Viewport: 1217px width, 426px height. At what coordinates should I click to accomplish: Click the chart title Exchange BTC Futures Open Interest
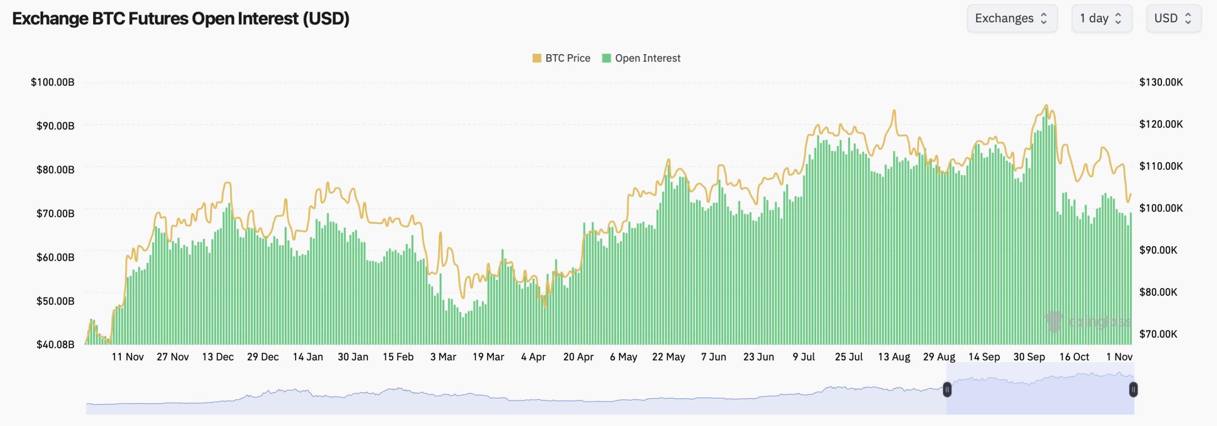pos(181,19)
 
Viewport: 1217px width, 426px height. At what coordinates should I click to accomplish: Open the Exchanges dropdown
pos(1012,19)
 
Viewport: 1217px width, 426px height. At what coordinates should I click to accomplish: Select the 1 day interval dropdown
pos(1101,19)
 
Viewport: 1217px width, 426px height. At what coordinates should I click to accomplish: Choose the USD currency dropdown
pos(1173,19)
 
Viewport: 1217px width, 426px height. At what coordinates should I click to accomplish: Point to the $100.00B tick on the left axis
pos(53,82)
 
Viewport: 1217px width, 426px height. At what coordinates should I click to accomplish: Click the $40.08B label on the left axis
pos(56,344)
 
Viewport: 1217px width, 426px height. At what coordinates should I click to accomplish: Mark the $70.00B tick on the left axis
pos(56,213)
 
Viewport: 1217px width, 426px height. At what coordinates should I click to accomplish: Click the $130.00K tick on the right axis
pos(1161,82)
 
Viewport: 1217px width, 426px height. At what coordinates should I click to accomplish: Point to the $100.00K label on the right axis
pos(1161,208)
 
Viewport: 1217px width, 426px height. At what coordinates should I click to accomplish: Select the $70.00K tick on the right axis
pos(1158,334)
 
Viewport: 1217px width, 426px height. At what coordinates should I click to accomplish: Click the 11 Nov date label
pos(127,357)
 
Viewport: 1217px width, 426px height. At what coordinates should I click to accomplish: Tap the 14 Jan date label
pos(308,357)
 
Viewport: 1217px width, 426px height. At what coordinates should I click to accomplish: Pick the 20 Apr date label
pos(578,357)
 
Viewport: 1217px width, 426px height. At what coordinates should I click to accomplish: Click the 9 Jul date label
pos(803,357)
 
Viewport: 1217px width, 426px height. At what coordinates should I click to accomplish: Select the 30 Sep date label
pos(1029,357)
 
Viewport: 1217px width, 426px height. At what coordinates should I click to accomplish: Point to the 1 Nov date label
pos(1119,357)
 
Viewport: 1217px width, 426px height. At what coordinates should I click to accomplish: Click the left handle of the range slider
pos(947,390)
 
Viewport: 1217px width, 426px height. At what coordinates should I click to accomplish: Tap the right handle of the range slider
pos(1133,390)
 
